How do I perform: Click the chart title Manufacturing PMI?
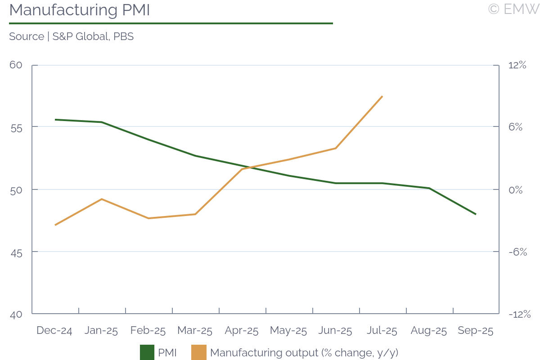79,10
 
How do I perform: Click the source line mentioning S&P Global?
71,36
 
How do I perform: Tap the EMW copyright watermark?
513,9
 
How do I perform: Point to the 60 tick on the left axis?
16,65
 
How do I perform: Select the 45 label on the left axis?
16,252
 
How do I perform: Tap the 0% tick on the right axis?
516,189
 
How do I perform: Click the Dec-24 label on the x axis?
55,331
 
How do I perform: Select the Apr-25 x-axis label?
242,331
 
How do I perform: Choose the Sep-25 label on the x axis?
476,331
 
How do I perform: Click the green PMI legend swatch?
147,352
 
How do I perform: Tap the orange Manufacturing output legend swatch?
199,352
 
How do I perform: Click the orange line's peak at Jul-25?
382,96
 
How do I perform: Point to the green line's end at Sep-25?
476,214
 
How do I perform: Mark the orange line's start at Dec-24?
55,225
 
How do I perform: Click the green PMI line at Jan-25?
102,122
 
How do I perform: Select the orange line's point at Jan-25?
102,199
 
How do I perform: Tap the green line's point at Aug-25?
429,188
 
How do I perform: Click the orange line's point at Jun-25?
335,148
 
